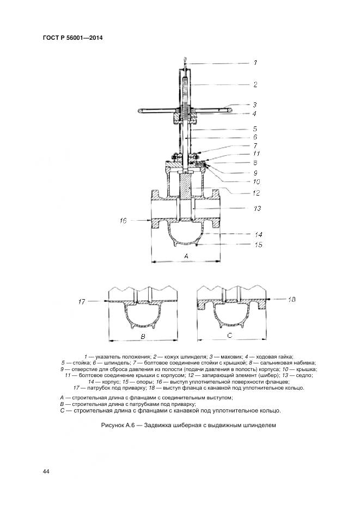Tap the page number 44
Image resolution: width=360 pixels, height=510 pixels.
click(46, 471)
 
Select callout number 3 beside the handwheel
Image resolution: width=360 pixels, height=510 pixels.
click(254, 104)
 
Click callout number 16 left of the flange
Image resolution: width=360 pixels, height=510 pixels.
click(123, 220)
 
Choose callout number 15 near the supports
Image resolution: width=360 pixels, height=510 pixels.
click(258, 245)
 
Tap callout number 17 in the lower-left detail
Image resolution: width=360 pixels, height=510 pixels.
click(82, 301)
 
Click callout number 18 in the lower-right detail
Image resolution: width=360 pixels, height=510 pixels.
click(291, 299)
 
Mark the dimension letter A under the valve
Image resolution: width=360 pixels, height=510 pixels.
click(186, 256)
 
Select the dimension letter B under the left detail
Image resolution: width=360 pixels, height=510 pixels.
click(143, 337)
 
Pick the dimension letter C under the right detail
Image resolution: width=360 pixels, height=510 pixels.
click(230, 335)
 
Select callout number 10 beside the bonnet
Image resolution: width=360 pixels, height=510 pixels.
click(256, 181)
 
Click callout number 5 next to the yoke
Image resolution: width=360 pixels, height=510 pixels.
click(254, 129)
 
